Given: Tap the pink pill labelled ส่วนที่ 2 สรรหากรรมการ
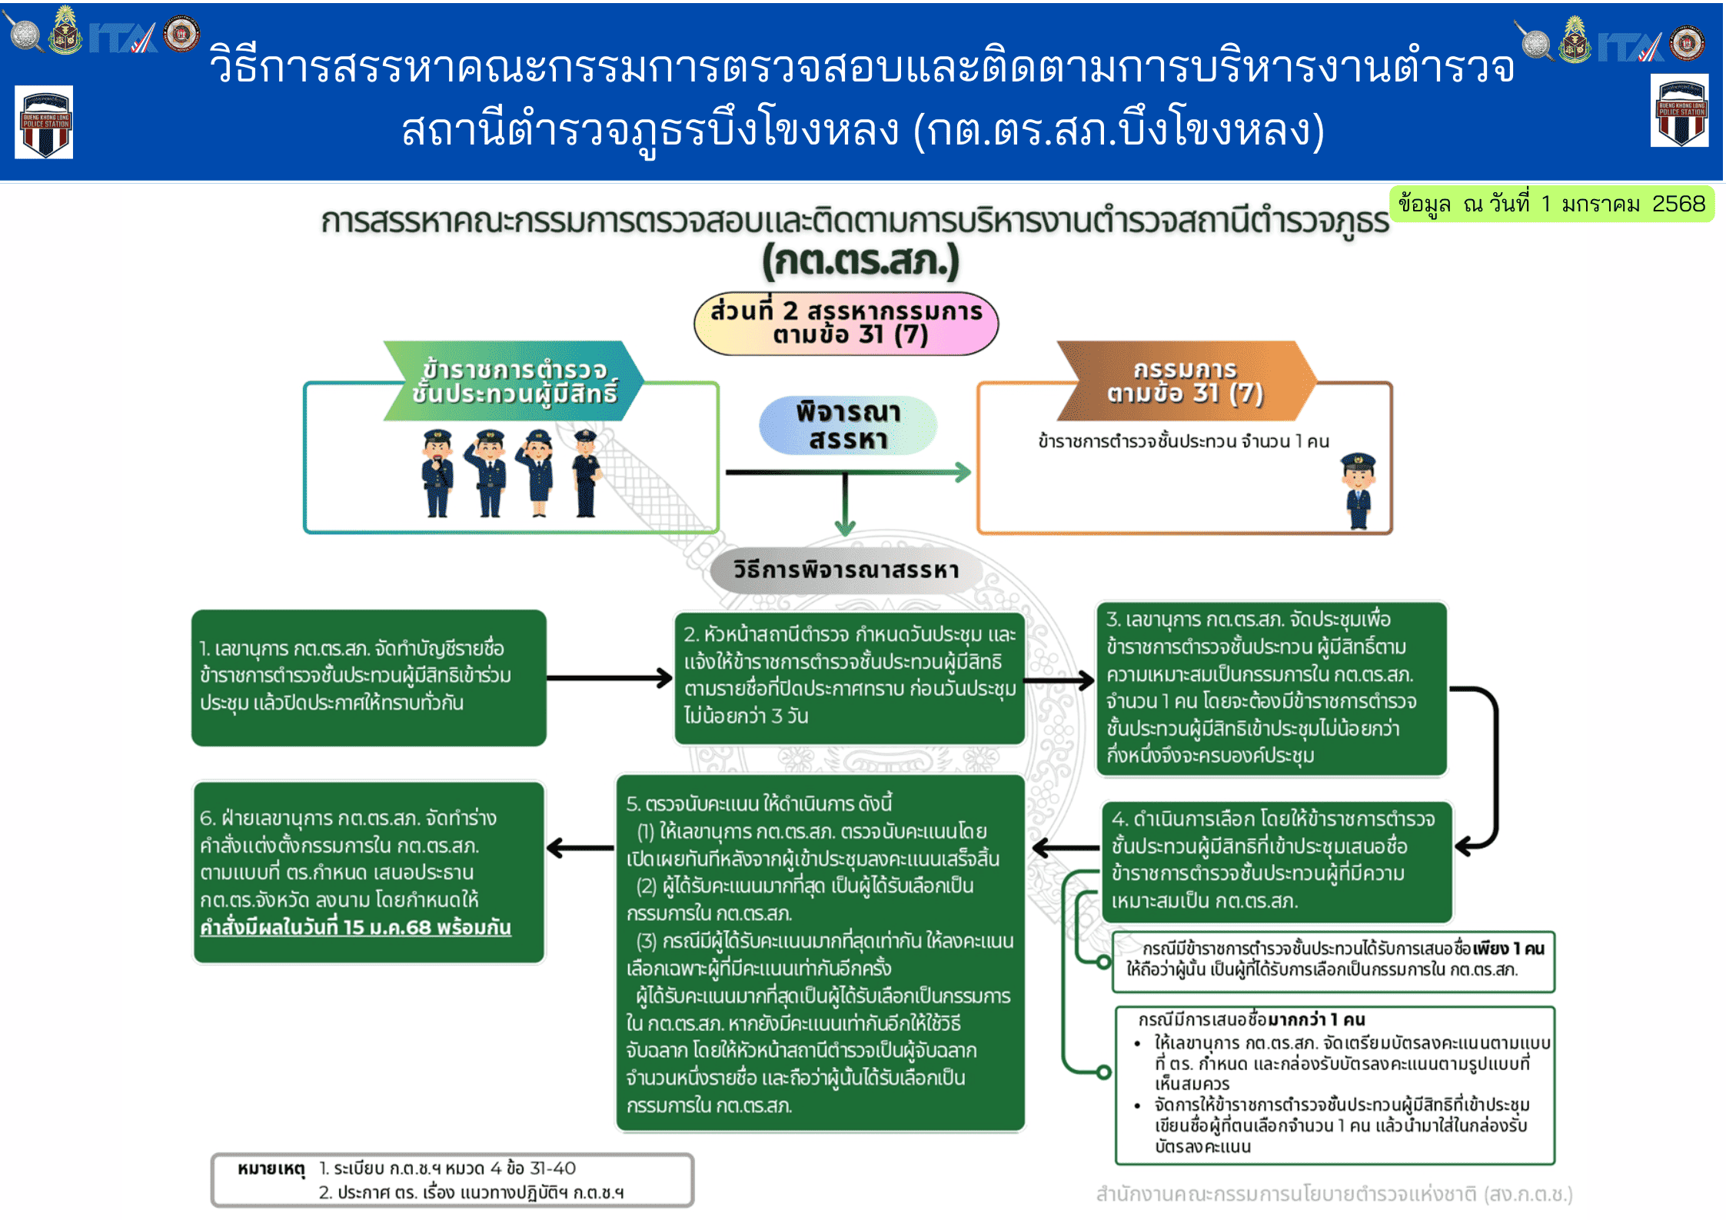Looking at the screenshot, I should [846, 323].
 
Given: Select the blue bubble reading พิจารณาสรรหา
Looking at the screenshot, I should [847, 425].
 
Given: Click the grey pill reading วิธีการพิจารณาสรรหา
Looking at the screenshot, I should [846, 570].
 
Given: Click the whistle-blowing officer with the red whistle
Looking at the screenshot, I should [437, 473].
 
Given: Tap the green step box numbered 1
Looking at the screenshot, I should [369, 677].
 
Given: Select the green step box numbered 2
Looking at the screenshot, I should [850, 677].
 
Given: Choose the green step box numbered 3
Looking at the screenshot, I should [1272, 688].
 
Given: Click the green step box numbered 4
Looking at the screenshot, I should [1277, 861].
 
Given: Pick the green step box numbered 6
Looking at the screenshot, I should [369, 873].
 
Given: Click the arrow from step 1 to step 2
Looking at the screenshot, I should [610, 678].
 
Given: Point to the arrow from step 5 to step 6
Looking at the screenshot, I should [580, 848].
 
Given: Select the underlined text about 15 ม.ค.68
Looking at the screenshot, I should [355, 928].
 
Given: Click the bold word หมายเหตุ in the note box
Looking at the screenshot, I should [271, 1169].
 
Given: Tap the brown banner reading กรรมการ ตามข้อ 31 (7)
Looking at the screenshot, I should [1185, 381].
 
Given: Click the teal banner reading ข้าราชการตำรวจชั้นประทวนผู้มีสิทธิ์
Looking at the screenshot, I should [514, 381].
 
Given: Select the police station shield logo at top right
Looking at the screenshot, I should [1679, 111].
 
